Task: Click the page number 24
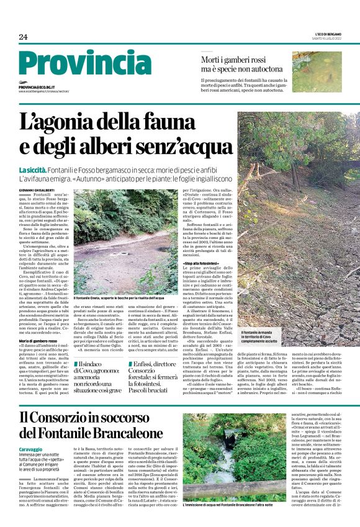pyautogui.click(x=23, y=37)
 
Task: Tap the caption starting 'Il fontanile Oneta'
pyautogui.click(x=119, y=299)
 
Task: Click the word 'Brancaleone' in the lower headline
pyautogui.click(x=122, y=431)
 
